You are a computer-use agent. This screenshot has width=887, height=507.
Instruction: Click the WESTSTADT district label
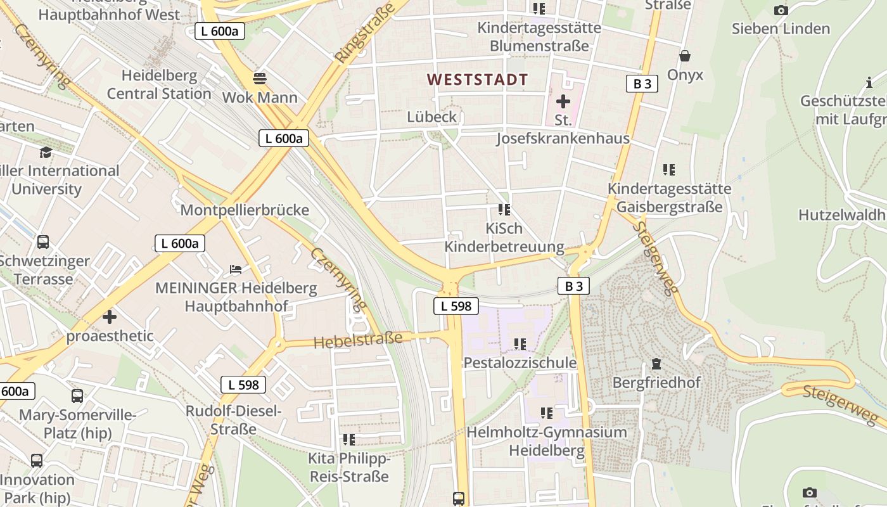click(x=477, y=80)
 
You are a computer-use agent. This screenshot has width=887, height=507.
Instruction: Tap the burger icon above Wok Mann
click(x=259, y=78)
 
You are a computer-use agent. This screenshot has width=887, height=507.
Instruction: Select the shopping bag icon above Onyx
click(x=684, y=56)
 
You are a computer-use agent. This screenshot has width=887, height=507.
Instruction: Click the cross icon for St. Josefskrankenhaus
click(x=563, y=101)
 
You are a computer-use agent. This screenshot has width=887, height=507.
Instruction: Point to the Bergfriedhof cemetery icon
click(x=656, y=364)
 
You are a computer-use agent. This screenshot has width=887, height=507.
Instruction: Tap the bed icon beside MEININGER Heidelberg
click(x=236, y=269)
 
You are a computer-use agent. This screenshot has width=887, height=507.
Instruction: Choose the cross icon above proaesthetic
click(x=110, y=316)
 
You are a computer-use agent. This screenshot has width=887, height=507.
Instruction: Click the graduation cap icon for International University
click(x=46, y=152)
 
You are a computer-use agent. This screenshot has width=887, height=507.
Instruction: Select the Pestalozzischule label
click(x=520, y=363)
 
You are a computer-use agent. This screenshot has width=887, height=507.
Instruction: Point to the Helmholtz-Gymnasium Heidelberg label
click(x=547, y=441)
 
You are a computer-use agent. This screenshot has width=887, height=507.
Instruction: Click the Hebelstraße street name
click(x=358, y=340)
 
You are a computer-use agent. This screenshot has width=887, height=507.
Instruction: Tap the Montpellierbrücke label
click(x=245, y=210)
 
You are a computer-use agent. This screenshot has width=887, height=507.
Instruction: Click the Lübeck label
click(x=431, y=117)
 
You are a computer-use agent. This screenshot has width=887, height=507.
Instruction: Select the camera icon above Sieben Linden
click(x=781, y=10)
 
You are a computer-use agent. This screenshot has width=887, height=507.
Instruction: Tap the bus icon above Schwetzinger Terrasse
click(x=43, y=241)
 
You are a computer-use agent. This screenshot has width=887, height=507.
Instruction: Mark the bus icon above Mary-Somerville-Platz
click(x=77, y=396)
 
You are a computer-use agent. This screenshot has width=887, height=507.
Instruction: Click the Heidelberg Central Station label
click(x=158, y=84)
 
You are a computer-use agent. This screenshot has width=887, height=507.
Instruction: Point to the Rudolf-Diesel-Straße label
click(x=233, y=420)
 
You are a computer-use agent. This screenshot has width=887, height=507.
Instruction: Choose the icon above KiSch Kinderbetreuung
click(x=504, y=209)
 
